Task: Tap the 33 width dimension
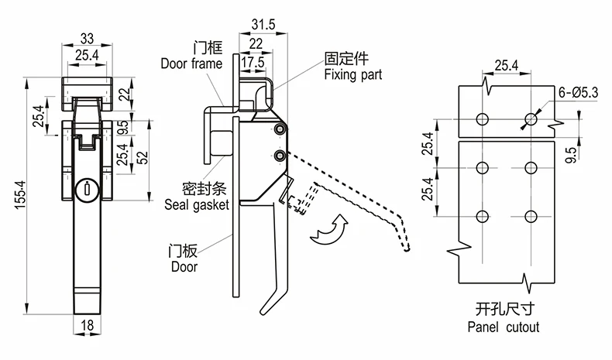pyautogui.click(x=87, y=39)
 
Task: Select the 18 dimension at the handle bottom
pyautogui.click(x=87, y=327)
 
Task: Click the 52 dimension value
pyautogui.click(x=143, y=156)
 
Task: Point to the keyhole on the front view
pyautogui.click(x=87, y=188)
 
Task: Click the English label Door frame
pyautogui.click(x=191, y=63)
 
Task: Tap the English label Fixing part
pyautogui.click(x=354, y=75)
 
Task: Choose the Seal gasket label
pyautogui.click(x=197, y=205)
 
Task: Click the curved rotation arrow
pyautogui.click(x=326, y=230)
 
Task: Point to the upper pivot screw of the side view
pyautogui.click(x=278, y=132)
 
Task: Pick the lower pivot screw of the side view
pyautogui.click(x=278, y=157)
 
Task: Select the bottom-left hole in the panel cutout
pyautogui.click(x=481, y=216)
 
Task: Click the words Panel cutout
pyautogui.click(x=504, y=327)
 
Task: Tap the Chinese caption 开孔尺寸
pyautogui.click(x=504, y=309)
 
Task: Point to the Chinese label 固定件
pyautogui.click(x=347, y=58)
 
